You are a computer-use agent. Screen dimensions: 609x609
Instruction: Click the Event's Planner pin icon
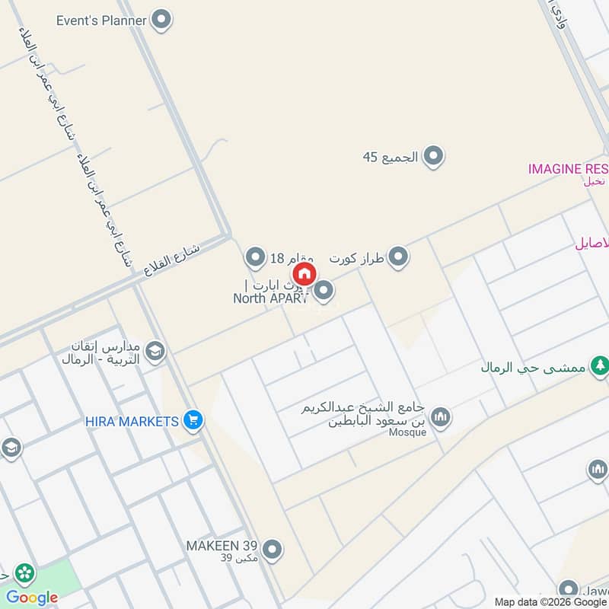[x=161, y=21]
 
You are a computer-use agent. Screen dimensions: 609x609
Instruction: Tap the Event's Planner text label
[x=101, y=21]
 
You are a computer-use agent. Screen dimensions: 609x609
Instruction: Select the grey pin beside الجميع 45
[x=433, y=158]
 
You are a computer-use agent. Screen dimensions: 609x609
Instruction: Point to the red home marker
[x=303, y=273]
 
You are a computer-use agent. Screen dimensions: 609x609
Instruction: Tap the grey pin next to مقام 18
[x=256, y=257]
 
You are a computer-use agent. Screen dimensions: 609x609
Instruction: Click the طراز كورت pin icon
[x=398, y=258]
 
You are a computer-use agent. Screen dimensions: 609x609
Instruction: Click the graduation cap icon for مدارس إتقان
[x=155, y=351]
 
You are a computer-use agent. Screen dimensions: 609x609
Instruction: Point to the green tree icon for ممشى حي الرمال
[x=599, y=366]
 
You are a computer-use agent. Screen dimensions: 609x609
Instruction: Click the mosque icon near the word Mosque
[x=440, y=417]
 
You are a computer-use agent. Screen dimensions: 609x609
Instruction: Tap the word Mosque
[x=410, y=432]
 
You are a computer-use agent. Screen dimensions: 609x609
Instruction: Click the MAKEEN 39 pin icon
[x=272, y=549]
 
